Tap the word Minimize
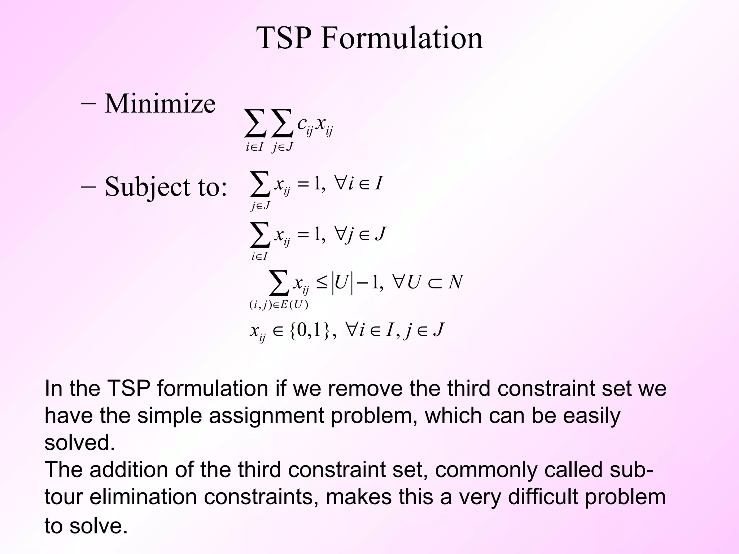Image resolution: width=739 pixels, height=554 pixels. [x=160, y=104]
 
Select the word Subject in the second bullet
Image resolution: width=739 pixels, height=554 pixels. [x=147, y=187]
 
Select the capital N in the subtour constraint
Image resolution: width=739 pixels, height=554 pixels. [x=455, y=282]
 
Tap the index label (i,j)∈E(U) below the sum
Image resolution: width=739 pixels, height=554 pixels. [x=279, y=305]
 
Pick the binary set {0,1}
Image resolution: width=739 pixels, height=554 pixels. [x=310, y=330]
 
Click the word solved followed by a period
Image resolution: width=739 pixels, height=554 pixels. [x=79, y=442]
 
